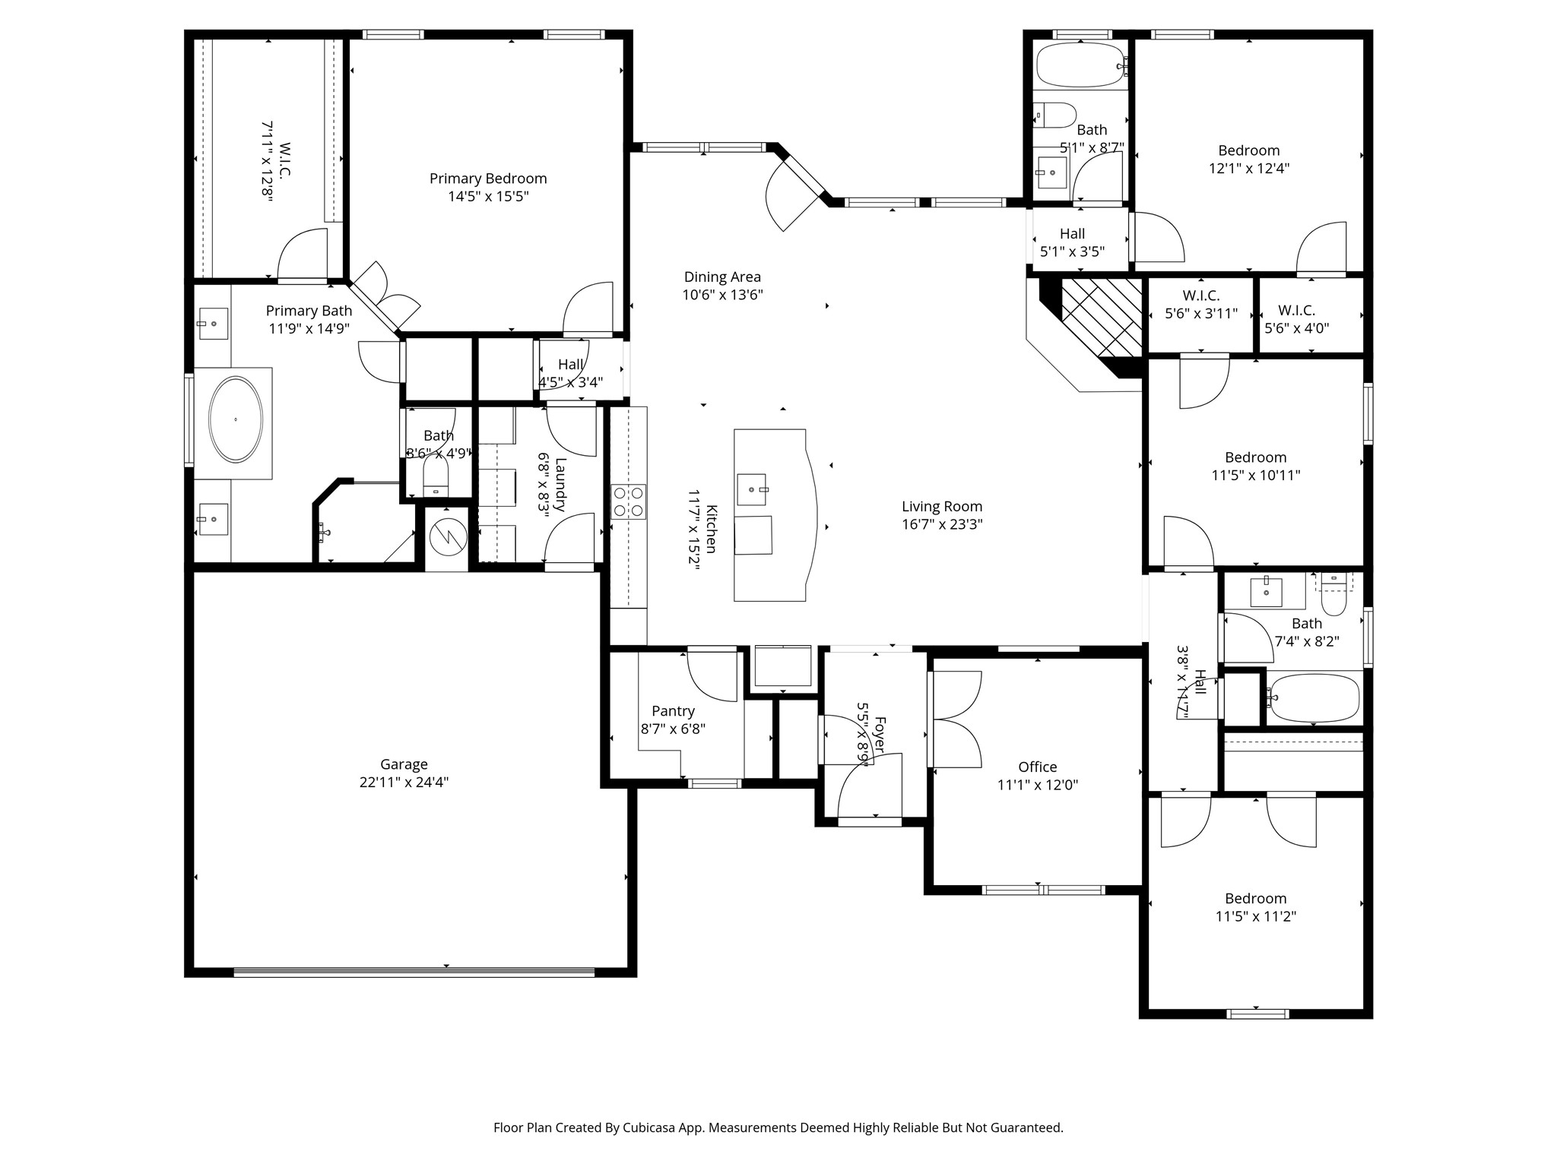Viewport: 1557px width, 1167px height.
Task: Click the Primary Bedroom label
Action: point(488,179)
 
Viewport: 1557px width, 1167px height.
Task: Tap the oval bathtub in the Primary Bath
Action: point(236,419)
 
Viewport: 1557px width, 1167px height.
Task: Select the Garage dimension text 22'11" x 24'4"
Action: point(404,783)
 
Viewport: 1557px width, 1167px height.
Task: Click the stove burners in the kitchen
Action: point(629,502)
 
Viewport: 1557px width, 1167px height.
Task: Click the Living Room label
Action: point(942,506)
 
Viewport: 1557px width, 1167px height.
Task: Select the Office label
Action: point(1038,767)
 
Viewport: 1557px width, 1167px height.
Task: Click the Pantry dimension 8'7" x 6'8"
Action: point(673,729)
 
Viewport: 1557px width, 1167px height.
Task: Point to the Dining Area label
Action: point(722,277)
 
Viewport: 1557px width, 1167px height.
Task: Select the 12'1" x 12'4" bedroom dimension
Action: point(1249,169)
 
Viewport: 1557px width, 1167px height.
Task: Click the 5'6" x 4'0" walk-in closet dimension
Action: point(1297,328)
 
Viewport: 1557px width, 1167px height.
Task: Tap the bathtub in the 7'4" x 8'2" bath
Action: point(1314,698)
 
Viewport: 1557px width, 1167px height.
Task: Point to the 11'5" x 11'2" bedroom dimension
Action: point(1256,917)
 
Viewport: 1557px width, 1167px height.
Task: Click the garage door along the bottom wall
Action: point(414,972)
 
